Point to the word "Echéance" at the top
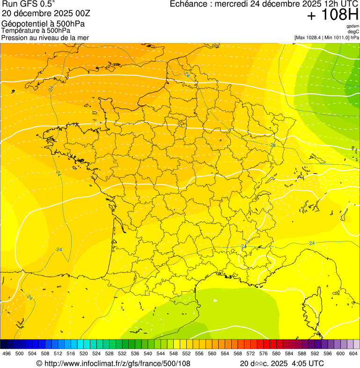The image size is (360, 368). [188, 4]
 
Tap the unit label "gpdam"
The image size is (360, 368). [353, 26]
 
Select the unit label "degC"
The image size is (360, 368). [353, 31]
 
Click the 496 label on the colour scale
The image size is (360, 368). [7, 353]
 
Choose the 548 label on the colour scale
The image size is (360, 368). [173, 353]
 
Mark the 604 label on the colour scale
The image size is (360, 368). [353, 353]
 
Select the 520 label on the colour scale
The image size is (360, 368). [83, 353]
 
